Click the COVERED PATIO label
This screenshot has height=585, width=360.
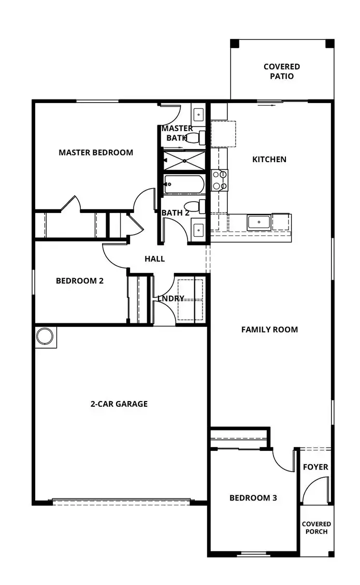281,72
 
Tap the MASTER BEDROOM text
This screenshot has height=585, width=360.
96,152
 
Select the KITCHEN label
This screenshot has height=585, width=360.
269,159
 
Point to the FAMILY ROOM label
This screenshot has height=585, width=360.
269,329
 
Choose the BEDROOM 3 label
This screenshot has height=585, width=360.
253,498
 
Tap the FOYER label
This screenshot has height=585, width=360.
315,467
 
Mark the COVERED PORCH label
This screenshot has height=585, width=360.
316,527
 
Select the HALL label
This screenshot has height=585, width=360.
154,259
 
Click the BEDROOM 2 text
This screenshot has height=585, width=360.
80,281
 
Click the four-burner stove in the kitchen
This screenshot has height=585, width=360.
220,180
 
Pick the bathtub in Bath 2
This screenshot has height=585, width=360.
184,184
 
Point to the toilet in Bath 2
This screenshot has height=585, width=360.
197,206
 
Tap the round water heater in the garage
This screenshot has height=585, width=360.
45,337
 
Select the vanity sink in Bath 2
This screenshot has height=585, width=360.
198,229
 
